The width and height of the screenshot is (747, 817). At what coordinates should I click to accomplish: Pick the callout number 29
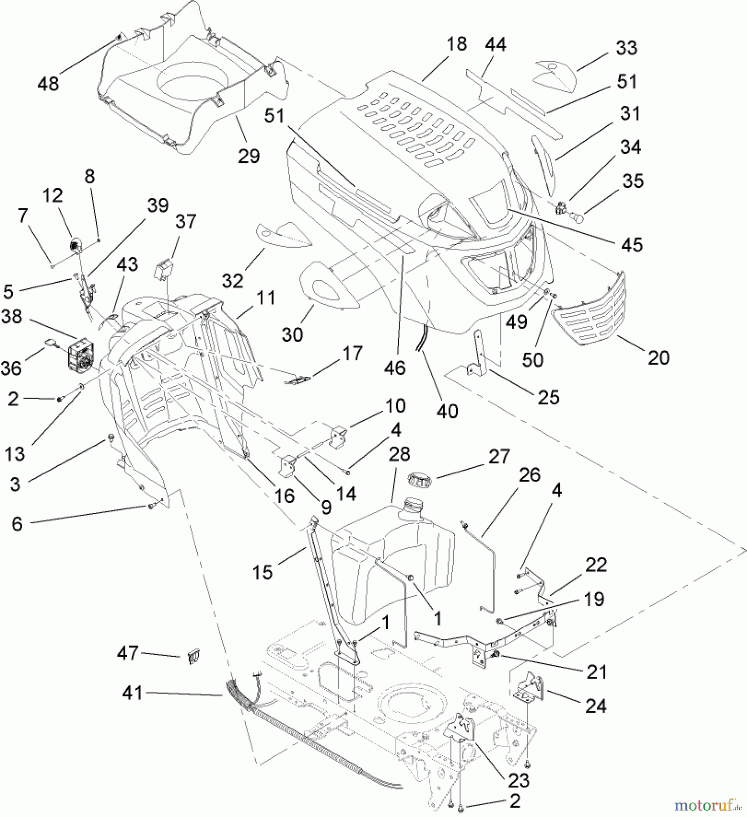[249, 156]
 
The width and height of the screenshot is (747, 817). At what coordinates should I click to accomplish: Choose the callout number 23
[519, 780]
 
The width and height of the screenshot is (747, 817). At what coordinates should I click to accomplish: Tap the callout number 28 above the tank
[400, 453]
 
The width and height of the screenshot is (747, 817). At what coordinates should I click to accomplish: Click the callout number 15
[262, 572]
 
